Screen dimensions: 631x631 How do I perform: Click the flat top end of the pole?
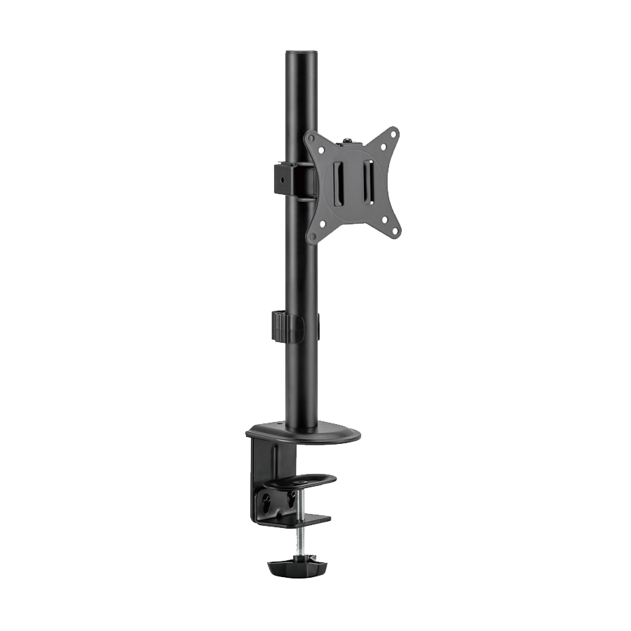[299, 53]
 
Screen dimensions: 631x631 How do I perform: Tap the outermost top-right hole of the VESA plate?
[393, 135]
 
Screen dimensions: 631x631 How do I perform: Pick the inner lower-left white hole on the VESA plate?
[323, 224]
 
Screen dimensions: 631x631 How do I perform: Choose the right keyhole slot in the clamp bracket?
[290, 501]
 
